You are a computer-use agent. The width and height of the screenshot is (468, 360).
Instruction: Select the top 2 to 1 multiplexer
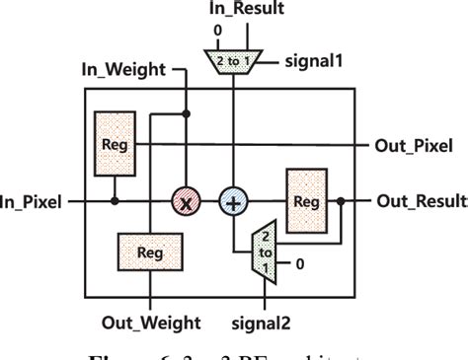tap(232, 62)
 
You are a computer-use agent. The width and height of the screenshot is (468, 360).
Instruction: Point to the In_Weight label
tap(123, 70)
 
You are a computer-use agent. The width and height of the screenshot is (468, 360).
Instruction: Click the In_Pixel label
tap(32, 202)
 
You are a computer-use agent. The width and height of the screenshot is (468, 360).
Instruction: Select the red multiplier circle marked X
tap(183, 202)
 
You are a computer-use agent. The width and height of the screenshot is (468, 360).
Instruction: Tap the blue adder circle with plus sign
tap(233, 202)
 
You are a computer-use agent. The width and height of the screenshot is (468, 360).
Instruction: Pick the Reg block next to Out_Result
tap(306, 201)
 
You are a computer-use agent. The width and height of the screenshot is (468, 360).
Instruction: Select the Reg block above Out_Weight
tap(149, 252)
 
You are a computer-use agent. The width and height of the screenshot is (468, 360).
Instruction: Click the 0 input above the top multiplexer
tap(217, 32)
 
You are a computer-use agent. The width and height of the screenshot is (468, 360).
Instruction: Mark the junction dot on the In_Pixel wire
tap(115, 202)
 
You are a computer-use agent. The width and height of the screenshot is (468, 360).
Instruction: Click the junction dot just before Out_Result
tap(341, 202)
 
